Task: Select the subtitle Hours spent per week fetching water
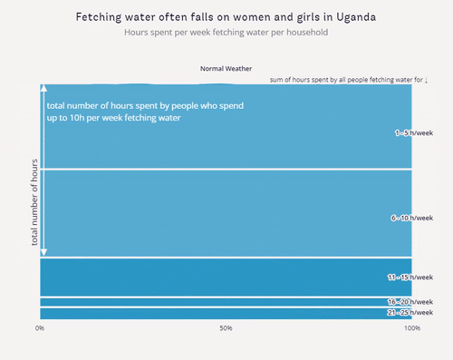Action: pyautogui.click(x=226, y=33)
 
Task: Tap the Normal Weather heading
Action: pyautogui.click(x=226, y=68)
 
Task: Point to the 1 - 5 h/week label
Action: pyautogui.click(x=413, y=132)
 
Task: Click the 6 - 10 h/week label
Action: pyautogui.click(x=411, y=218)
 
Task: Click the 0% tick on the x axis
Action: pyautogui.click(x=40, y=328)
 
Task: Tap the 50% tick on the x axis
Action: pyautogui.click(x=226, y=328)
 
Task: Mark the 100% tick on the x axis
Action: pyautogui.click(x=411, y=328)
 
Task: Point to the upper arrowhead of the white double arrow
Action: pyautogui.click(x=43, y=89)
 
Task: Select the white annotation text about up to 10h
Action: pyautogui.click(x=145, y=112)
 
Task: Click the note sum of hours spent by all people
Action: pyautogui.click(x=349, y=80)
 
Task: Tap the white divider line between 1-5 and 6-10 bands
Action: pyautogui.click(x=226, y=169)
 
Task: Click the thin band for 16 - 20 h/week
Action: pyautogui.click(x=226, y=301)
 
